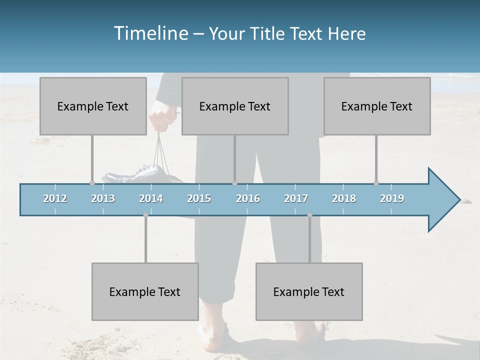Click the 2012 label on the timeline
(55, 198)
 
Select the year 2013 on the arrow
(103, 198)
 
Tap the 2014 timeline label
(151, 198)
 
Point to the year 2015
(199, 198)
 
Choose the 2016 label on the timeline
(248, 198)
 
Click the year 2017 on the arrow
(296, 198)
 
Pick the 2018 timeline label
(344, 198)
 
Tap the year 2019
(392, 198)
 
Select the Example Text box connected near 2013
(93, 106)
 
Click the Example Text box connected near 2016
(235, 106)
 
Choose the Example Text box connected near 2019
(377, 106)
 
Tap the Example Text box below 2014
(145, 291)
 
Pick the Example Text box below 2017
(309, 291)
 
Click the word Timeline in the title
(150, 33)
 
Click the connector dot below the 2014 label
(145, 215)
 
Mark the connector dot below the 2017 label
(309, 215)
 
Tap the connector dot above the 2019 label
(376, 183)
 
